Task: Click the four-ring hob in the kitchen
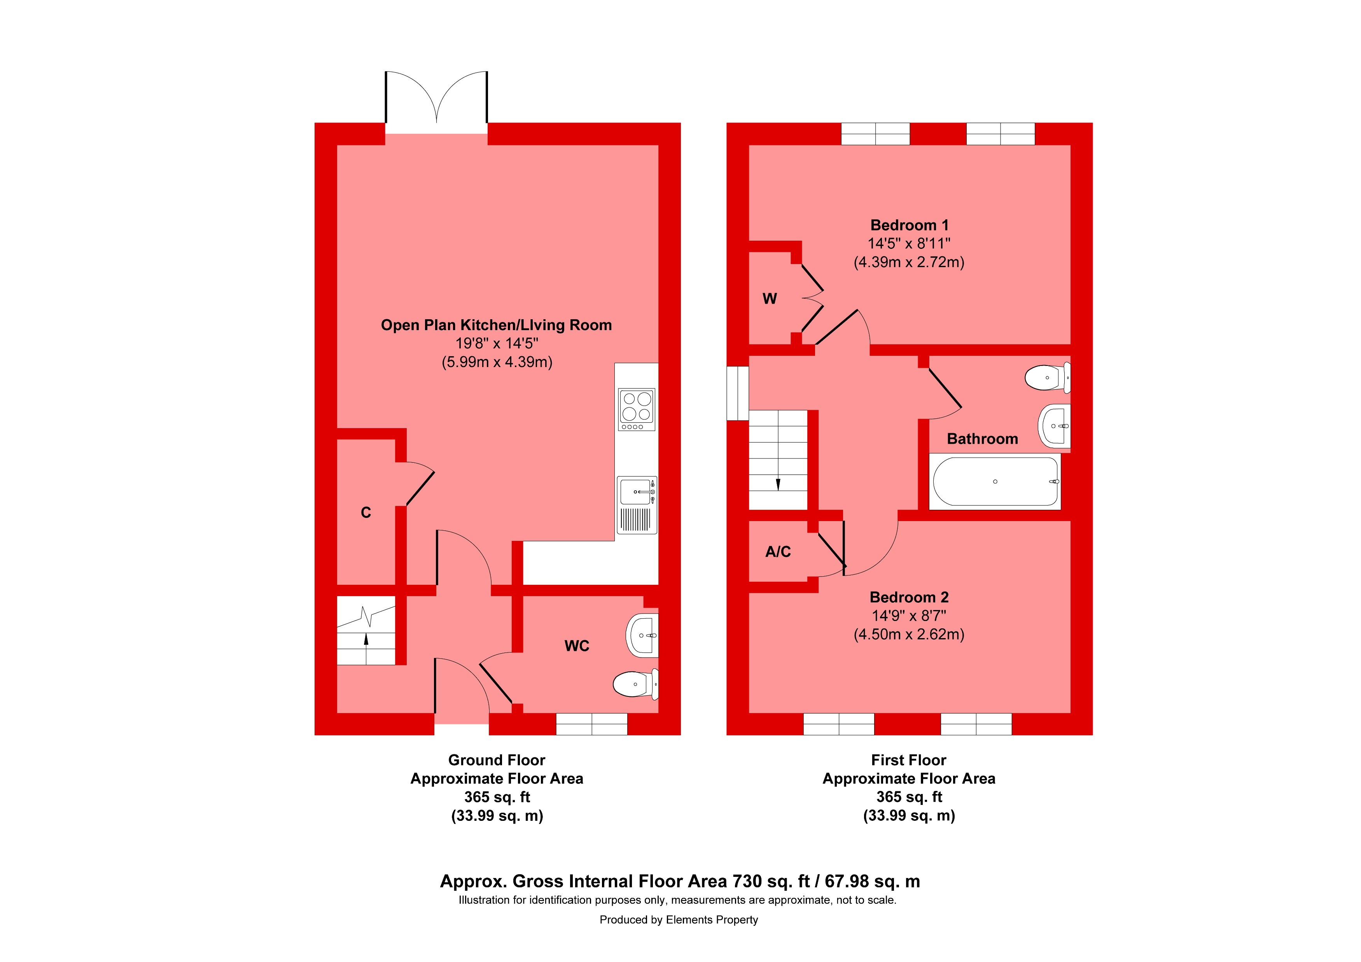pos(637,409)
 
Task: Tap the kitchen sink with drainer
pos(637,505)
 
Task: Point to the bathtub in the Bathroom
pos(995,481)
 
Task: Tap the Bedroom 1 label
pos(909,225)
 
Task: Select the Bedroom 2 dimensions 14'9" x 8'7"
pos(909,616)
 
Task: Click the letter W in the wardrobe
pos(770,299)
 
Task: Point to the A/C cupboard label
pos(778,552)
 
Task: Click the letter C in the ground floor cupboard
pos(366,513)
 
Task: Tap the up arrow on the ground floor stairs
pos(366,640)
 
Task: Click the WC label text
pos(577,646)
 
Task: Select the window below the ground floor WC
pos(591,724)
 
